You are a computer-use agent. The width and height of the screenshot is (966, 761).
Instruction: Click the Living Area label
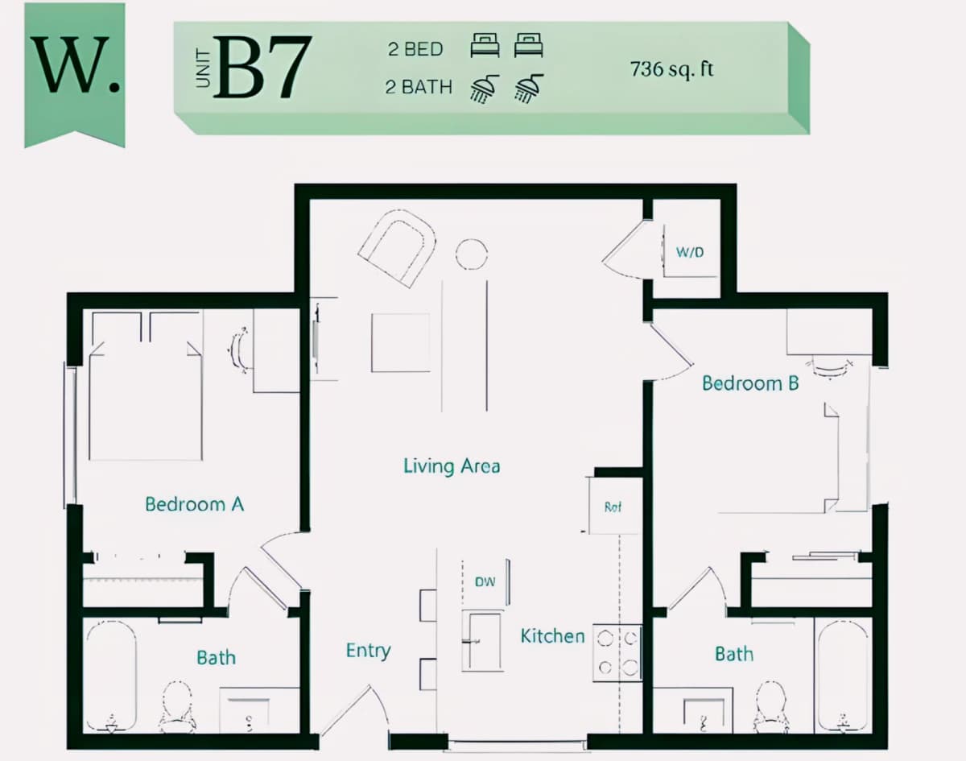452,465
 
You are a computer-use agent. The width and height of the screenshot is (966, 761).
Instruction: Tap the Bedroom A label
194,504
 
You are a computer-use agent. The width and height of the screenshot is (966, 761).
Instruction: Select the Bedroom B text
750,383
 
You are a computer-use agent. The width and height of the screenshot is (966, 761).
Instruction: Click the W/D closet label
690,252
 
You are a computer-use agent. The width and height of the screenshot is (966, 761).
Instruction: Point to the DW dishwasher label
485,581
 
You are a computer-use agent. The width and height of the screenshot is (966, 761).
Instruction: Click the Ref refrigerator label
613,507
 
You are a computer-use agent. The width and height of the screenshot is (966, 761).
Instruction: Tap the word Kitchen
552,635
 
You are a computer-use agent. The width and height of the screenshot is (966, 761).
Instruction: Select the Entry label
369,651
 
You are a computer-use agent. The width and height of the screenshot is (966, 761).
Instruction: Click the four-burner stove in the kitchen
617,653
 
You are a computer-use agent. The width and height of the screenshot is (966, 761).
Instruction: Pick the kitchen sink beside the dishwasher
482,641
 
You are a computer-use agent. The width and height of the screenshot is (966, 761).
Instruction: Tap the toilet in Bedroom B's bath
770,707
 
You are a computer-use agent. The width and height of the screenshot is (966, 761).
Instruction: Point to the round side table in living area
472,254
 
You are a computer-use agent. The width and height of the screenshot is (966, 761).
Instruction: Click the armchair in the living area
397,248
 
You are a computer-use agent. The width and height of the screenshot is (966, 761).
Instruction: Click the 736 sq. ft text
671,69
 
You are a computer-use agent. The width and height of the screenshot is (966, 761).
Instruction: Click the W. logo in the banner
76,65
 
